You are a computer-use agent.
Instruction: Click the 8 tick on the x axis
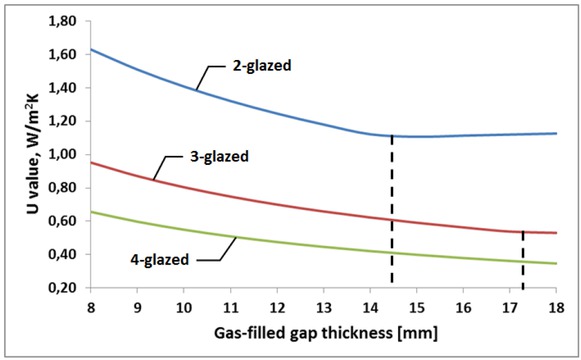pos(90,304)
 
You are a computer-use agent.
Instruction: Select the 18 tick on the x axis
pos(556,304)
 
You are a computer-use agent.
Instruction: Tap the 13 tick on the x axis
pos(323,304)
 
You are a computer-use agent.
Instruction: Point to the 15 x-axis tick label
pos(416,304)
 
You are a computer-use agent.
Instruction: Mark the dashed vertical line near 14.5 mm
pos(392,210)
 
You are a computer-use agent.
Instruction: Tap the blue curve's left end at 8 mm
pos(91,49)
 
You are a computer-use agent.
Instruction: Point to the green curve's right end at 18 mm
pos(555,263)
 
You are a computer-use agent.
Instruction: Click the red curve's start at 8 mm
pos(91,162)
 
